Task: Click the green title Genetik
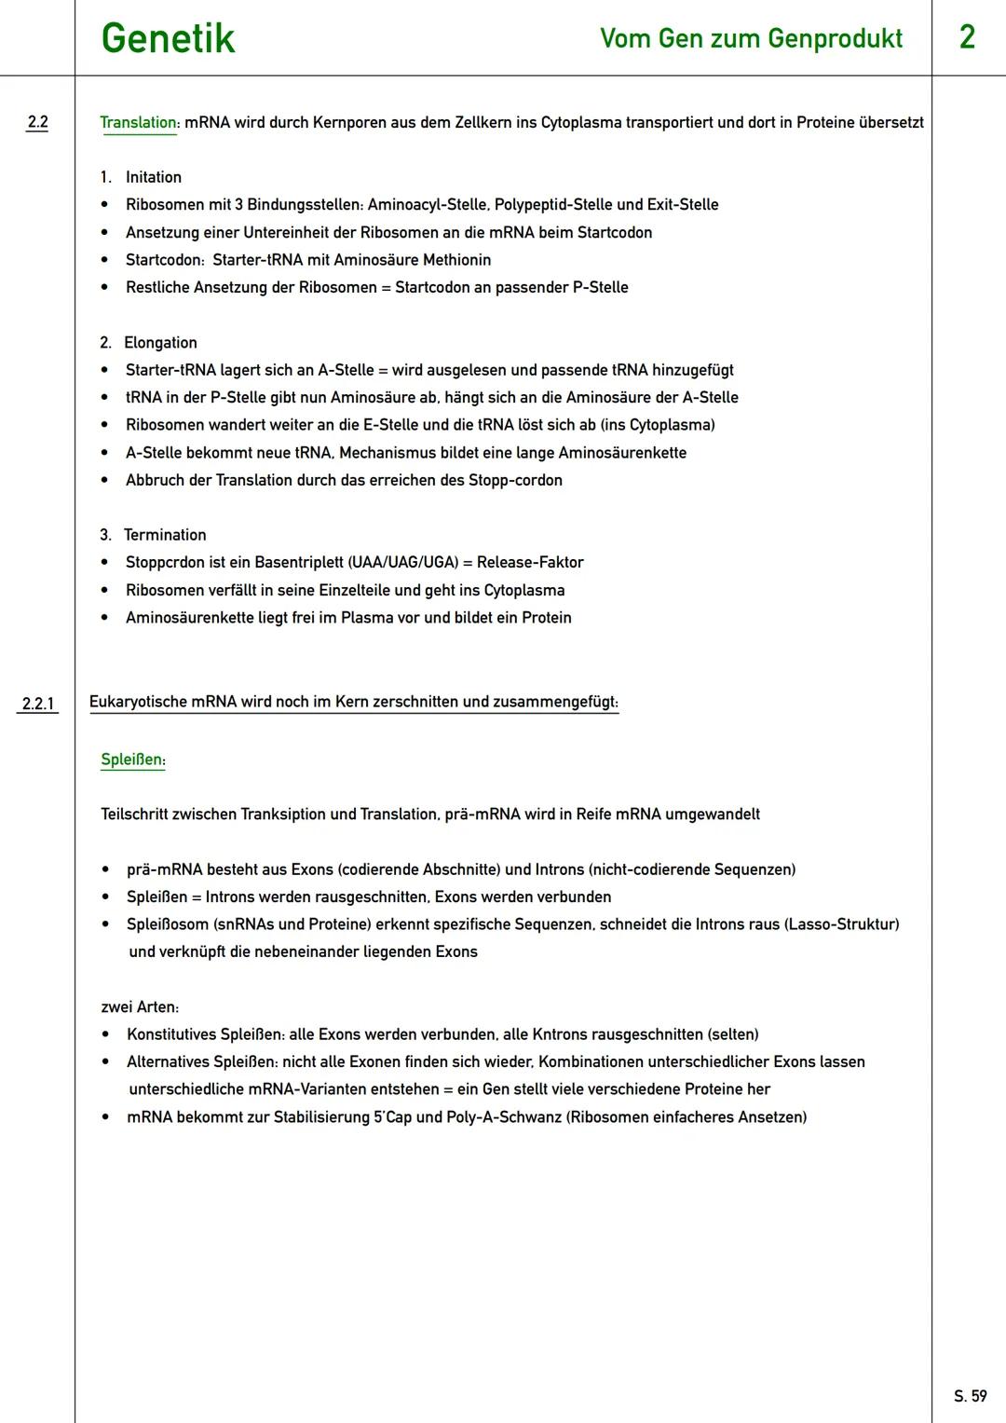coord(168,39)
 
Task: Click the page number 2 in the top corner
coord(967,37)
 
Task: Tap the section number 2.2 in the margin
coord(37,122)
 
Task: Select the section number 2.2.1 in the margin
coord(37,704)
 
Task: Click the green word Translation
coord(138,123)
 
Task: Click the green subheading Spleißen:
coord(133,759)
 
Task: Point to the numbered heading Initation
coord(153,177)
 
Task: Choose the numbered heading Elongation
coord(160,343)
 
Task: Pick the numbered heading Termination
coord(165,535)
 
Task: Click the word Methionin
coord(456,260)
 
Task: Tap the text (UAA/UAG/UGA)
coord(402,563)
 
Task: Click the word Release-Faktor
coord(530,563)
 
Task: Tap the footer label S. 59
coord(970,1396)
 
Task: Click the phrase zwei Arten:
coord(140,1007)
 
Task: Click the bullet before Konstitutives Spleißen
coord(106,1034)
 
